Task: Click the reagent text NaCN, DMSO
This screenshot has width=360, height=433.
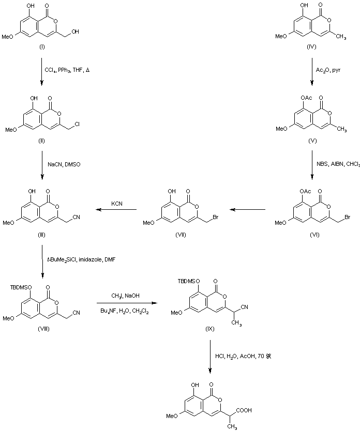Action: (x=63, y=164)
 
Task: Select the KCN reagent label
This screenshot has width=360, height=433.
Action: (x=116, y=204)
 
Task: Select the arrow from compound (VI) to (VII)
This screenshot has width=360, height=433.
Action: (x=248, y=210)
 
